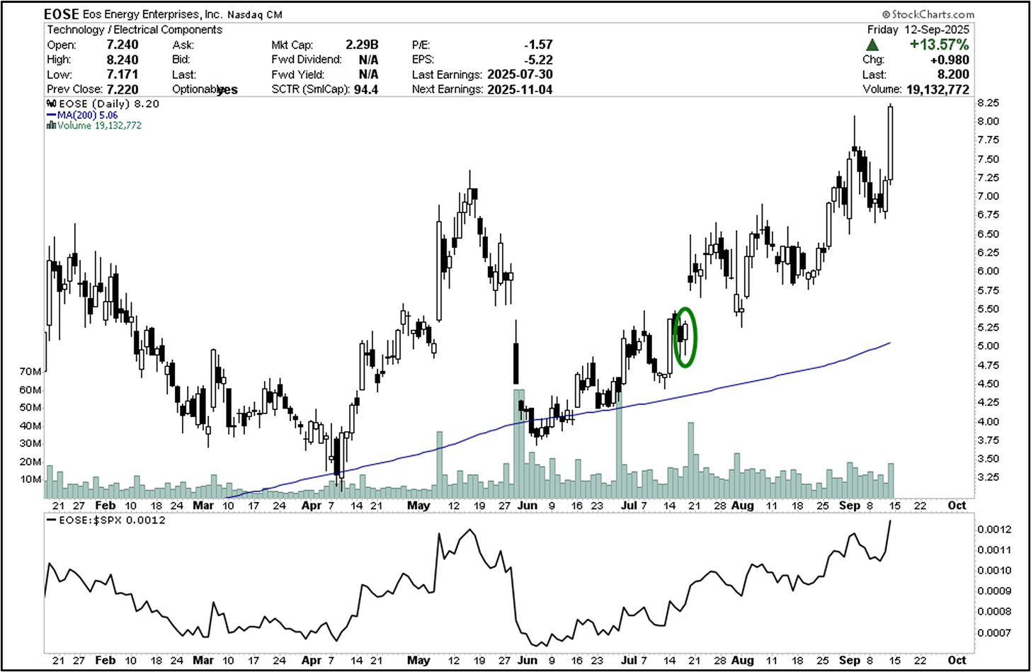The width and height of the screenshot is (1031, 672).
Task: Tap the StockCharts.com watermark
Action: coord(928,14)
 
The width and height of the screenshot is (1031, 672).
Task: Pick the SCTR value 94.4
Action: coord(365,89)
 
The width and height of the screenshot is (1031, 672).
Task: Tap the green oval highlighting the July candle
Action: coord(684,336)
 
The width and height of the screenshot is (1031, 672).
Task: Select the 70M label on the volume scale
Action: coord(30,372)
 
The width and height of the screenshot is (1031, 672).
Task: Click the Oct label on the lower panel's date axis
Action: coord(957,660)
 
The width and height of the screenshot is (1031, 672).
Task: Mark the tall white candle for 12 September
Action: coord(890,142)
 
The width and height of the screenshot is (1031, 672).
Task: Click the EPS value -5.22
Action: coord(539,59)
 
